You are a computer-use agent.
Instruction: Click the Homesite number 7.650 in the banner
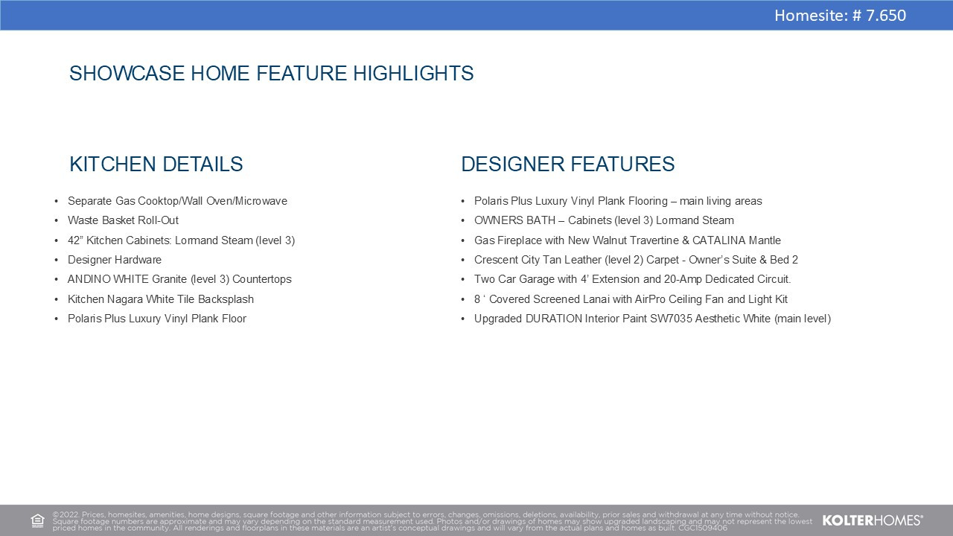(886, 16)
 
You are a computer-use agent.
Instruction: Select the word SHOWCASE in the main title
(127, 73)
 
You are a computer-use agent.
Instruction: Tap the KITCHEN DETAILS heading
(156, 165)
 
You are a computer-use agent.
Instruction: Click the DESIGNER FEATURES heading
(568, 165)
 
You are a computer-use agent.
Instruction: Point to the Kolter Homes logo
(873, 520)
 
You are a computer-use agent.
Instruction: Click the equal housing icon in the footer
(37, 520)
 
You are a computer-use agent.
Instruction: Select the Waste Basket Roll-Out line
(123, 220)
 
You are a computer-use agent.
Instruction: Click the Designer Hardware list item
(115, 260)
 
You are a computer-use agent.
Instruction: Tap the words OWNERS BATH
(514, 220)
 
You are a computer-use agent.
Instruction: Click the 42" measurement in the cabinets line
(75, 240)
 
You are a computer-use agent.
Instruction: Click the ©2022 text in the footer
(66, 514)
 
